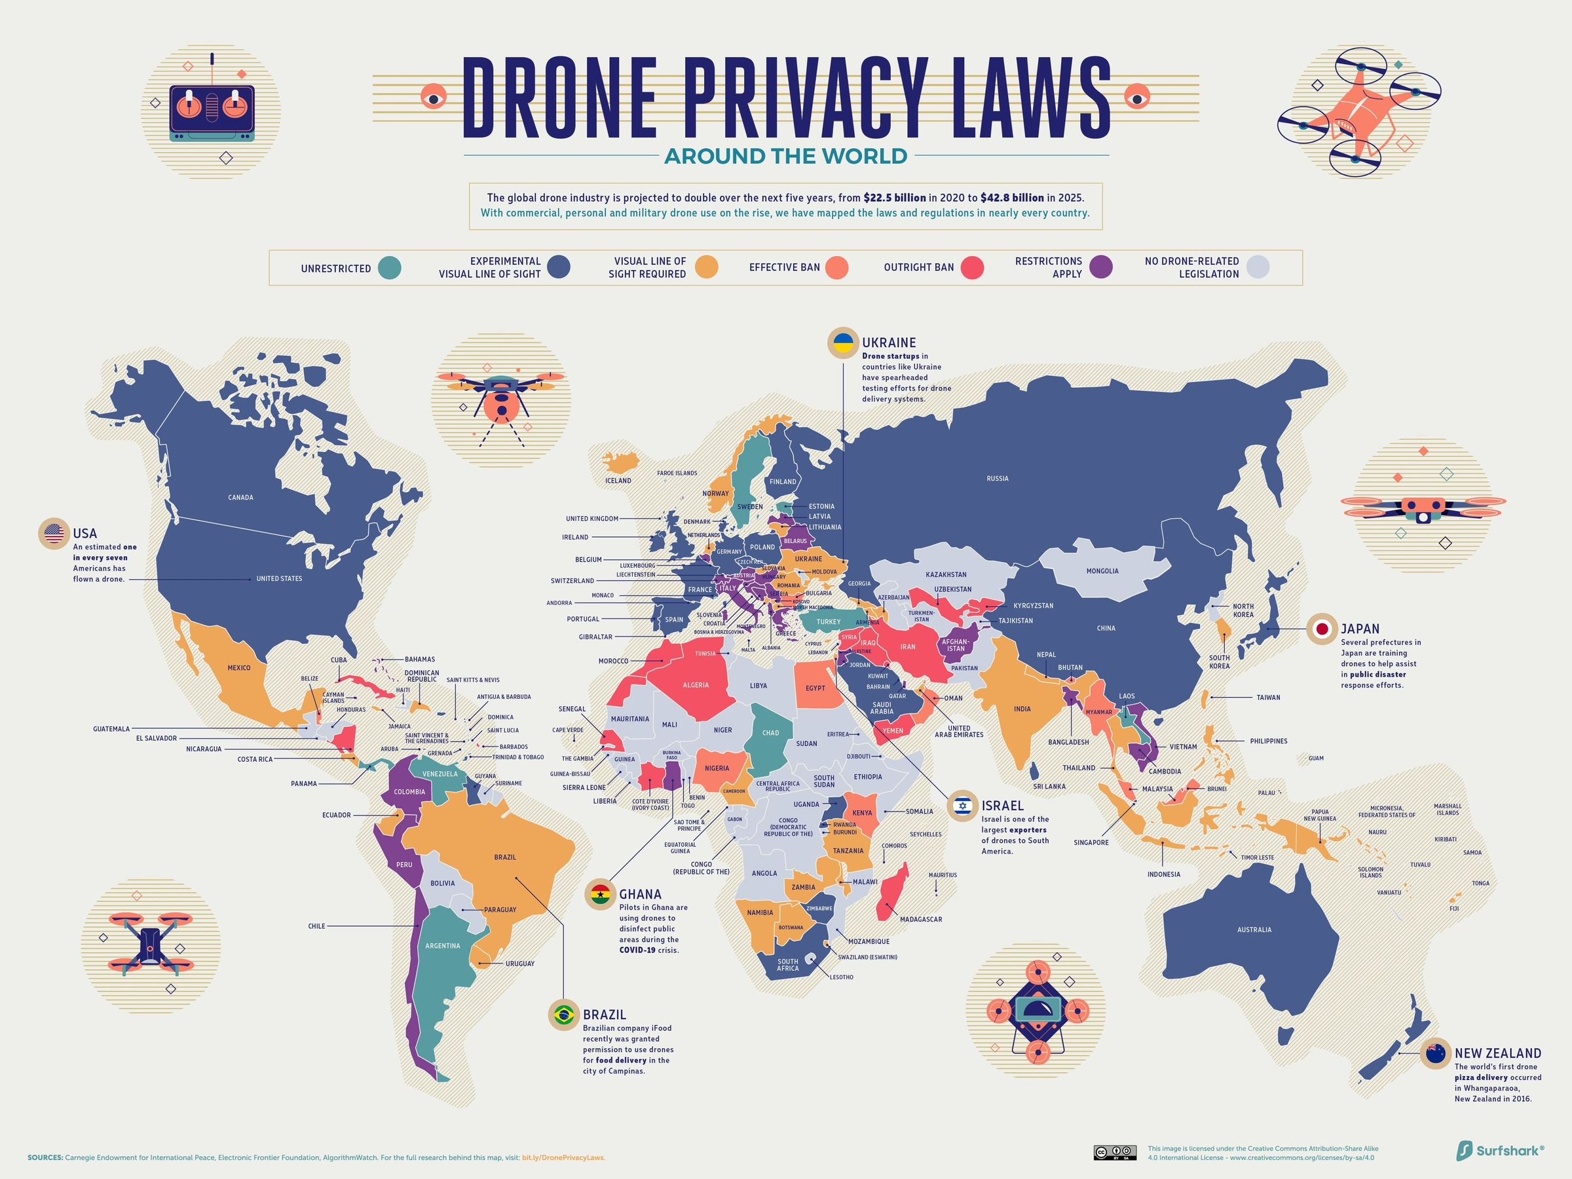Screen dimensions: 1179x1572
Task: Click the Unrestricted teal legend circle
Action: point(390,268)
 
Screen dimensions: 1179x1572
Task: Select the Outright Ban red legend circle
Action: point(972,268)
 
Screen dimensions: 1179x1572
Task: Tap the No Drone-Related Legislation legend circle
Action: point(1258,267)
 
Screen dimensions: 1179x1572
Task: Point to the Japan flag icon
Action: point(1322,629)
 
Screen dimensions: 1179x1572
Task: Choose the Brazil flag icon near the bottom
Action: point(564,1015)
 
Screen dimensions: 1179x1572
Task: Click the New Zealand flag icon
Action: point(1436,1053)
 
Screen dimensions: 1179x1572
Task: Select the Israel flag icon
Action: point(963,806)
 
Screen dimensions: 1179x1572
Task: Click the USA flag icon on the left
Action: point(53,533)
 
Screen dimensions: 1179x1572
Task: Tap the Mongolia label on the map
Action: point(1102,571)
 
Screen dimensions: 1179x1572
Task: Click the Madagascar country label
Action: point(920,920)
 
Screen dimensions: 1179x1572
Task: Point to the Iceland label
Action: point(618,480)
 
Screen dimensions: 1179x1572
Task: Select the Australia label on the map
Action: point(1254,929)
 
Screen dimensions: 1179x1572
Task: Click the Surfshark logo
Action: point(1499,1151)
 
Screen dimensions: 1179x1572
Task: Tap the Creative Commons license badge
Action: point(1114,1153)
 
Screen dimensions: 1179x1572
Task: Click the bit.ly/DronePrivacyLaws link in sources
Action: point(563,1157)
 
